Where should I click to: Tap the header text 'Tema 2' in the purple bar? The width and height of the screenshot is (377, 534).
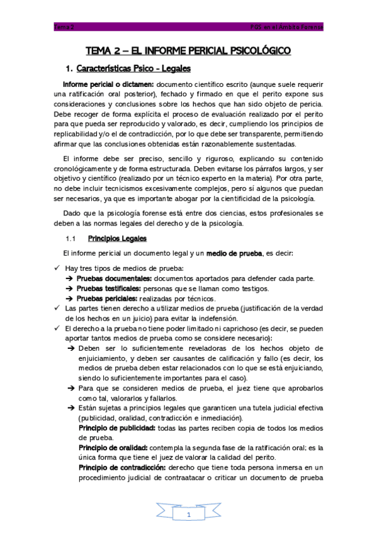click(x=64, y=28)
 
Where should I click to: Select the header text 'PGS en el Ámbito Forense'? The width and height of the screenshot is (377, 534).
click(x=286, y=28)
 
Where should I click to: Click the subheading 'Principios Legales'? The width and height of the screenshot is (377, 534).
click(x=117, y=239)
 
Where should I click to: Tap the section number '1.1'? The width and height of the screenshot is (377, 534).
click(x=71, y=239)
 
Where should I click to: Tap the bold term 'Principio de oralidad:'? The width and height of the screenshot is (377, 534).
click(x=115, y=448)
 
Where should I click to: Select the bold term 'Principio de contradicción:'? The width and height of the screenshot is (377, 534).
click(x=122, y=469)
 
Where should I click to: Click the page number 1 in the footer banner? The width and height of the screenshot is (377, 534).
click(x=188, y=514)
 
